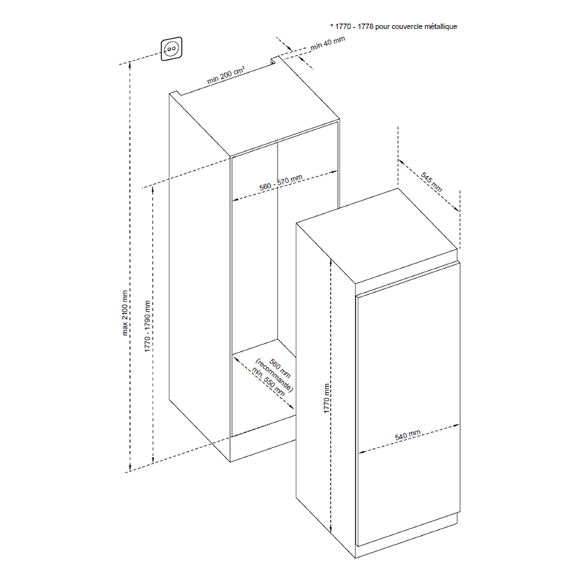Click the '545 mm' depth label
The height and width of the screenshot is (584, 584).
point(432,180)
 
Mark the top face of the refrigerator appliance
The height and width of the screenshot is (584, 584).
point(380,237)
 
